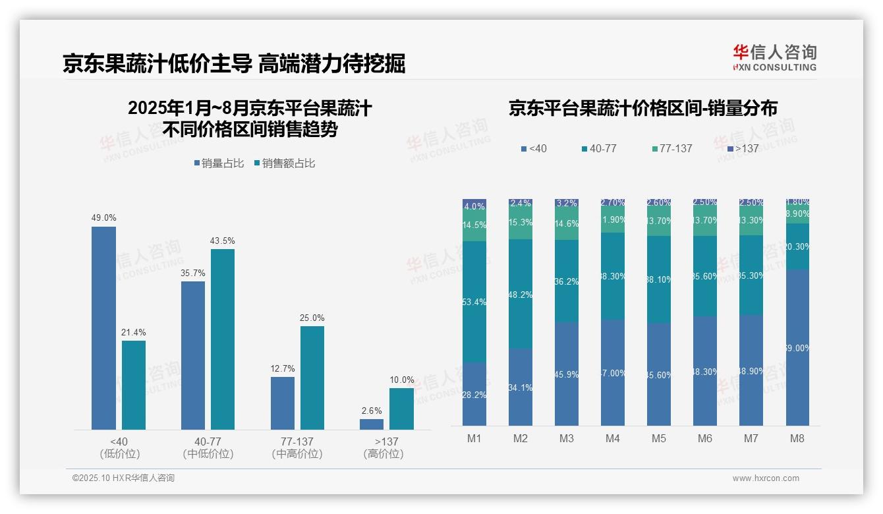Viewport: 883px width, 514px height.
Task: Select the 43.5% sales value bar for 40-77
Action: [x=223, y=339]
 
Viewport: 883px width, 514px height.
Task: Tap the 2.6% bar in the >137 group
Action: [x=372, y=424]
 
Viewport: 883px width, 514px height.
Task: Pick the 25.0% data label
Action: [x=312, y=318]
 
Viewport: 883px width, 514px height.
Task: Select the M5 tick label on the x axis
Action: [x=658, y=438]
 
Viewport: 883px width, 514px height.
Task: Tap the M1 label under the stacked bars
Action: [x=474, y=438]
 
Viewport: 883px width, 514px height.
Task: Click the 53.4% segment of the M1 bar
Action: [x=474, y=302]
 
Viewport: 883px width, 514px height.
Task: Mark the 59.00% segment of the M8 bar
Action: [x=797, y=347]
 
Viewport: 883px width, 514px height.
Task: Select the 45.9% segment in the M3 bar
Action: [x=567, y=374]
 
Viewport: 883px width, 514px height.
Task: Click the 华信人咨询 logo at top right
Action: [x=774, y=57]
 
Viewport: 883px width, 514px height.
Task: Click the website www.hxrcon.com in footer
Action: [x=766, y=478]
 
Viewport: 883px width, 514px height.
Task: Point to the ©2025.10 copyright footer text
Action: [x=123, y=478]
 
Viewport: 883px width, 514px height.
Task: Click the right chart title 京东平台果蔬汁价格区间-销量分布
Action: [x=642, y=109]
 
